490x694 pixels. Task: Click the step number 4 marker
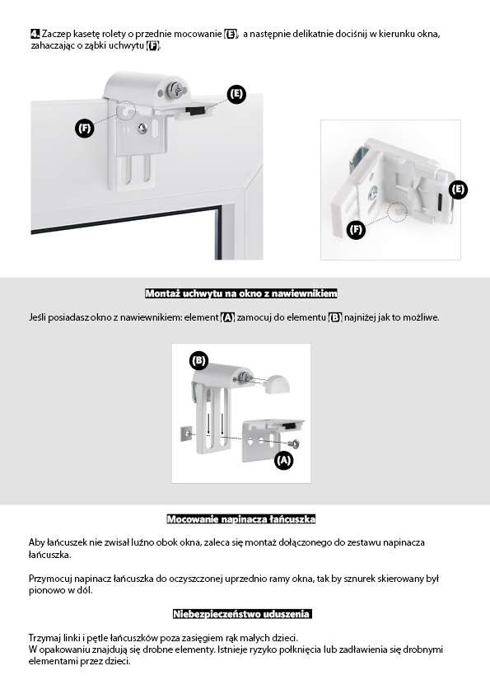click(35, 34)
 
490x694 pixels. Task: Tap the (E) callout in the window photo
click(236, 94)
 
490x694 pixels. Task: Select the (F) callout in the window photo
click(84, 129)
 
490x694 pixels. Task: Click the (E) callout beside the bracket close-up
click(458, 190)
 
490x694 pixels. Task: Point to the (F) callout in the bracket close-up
click(356, 229)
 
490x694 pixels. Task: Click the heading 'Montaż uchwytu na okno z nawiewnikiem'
click(241, 293)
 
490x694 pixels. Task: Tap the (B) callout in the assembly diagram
click(198, 360)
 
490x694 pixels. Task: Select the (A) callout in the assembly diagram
click(283, 460)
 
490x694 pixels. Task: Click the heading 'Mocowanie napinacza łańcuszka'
click(241, 519)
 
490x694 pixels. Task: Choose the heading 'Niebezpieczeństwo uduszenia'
click(242, 614)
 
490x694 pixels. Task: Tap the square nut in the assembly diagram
click(186, 434)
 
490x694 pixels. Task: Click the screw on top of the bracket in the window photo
click(175, 90)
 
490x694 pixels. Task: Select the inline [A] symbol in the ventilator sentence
click(227, 317)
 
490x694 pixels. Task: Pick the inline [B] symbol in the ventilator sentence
click(335, 317)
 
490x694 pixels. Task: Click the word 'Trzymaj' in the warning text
click(44, 638)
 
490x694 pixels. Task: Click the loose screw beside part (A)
click(294, 443)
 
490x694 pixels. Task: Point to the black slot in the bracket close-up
click(441, 202)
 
